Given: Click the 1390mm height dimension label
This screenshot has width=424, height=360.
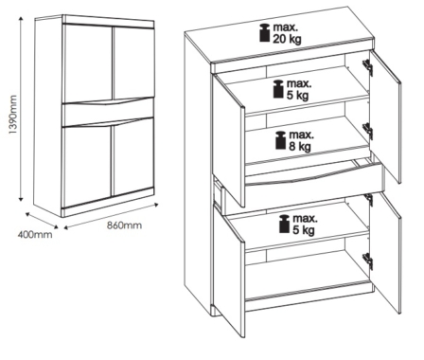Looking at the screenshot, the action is pyautogui.click(x=13, y=115).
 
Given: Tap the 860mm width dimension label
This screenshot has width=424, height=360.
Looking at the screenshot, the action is pyautogui.click(x=124, y=225).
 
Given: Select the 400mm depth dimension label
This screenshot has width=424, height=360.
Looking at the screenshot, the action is pyautogui.click(x=35, y=235).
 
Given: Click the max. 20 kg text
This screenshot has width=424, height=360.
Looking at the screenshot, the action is pyautogui.click(x=287, y=33).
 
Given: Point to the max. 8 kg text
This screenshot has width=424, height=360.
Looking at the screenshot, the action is pyautogui.click(x=301, y=140).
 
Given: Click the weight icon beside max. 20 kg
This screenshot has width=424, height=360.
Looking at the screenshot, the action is pyautogui.click(x=264, y=32).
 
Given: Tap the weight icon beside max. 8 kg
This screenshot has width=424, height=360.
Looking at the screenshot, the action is pyautogui.click(x=280, y=140).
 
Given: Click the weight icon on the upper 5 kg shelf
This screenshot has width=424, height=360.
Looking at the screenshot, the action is pyautogui.click(x=278, y=89).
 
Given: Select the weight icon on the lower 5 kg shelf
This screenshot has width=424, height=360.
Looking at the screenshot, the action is pyautogui.click(x=284, y=224).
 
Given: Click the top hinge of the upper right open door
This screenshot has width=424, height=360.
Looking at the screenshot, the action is pyautogui.click(x=368, y=67).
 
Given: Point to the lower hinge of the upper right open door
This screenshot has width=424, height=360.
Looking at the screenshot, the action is pyautogui.click(x=368, y=131).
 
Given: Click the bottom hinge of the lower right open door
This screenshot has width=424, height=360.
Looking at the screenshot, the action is pyautogui.click(x=368, y=261).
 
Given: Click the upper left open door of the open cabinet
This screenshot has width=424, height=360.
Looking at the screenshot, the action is pyautogui.click(x=228, y=139).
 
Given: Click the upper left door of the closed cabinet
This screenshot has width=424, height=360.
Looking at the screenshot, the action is pyautogui.click(x=88, y=63).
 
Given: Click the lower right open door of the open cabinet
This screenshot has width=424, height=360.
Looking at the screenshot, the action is pyautogui.click(x=385, y=253).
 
